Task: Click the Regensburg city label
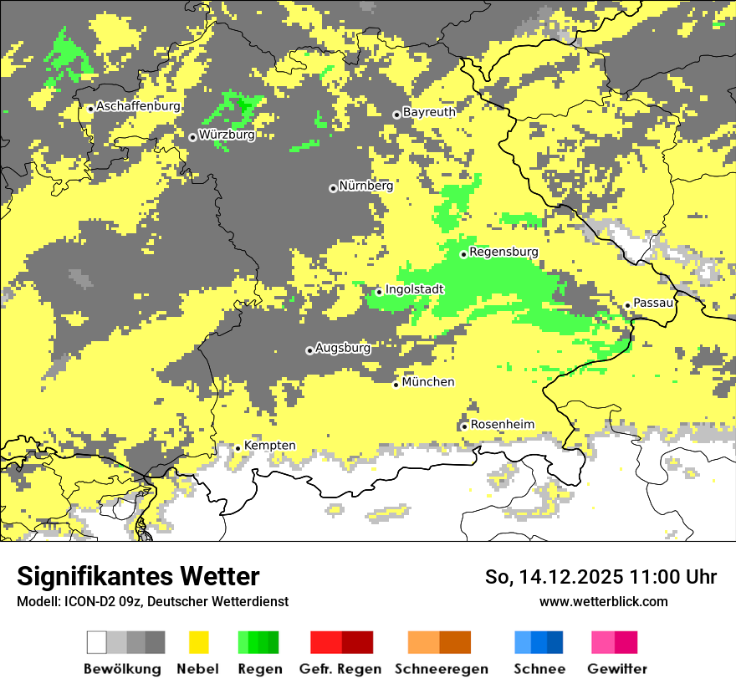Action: (x=503, y=252)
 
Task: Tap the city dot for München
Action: (x=396, y=385)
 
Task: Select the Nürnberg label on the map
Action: (x=365, y=186)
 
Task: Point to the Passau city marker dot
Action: (x=627, y=305)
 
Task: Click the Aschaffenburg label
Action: (x=138, y=106)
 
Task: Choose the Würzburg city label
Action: (x=227, y=135)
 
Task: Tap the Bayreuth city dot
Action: (x=396, y=115)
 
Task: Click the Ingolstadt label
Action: (x=414, y=289)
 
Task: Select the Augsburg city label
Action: (x=343, y=348)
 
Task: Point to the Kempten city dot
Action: (x=238, y=448)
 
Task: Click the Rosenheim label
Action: (x=502, y=424)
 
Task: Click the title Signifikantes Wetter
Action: (x=138, y=577)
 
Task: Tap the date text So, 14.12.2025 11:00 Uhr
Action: (x=601, y=577)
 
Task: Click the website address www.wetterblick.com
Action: (x=603, y=601)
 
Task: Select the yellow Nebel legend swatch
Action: (x=198, y=642)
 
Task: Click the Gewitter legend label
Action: (x=616, y=669)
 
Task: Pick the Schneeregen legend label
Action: (x=441, y=669)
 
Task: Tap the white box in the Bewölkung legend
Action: (x=96, y=642)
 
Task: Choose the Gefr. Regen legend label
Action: (x=340, y=669)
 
